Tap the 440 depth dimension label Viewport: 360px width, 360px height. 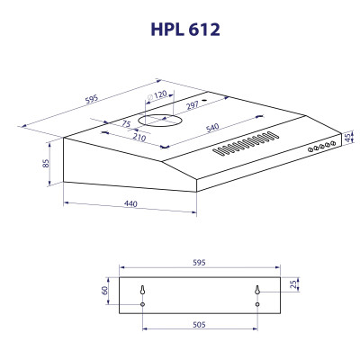pyautogui.click(x=130, y=206)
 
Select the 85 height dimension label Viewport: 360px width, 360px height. pyautogui.click(x=44, y=164)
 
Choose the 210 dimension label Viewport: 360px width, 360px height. pyautogui.click(x=140, y=138)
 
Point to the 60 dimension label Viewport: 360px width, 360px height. pyautogui.click(x=105, y=290)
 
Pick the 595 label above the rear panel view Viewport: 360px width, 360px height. pyautogui.click(x=200, y=263)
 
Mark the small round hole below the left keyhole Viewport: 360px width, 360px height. pyautogui.click(x=143, y=304)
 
